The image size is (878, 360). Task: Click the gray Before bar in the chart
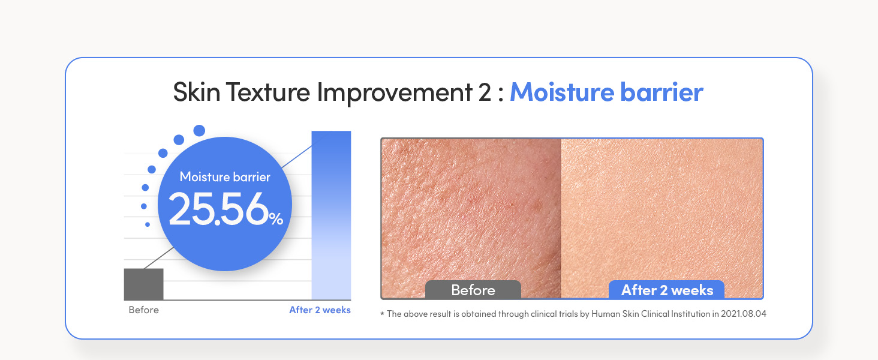143,284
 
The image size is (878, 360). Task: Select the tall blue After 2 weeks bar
331,215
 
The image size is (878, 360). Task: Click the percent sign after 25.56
276,218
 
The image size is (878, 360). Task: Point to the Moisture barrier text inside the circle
225,177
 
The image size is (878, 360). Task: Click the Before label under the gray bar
144,310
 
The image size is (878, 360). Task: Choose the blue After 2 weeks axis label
320,310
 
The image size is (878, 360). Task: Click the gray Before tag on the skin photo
473,290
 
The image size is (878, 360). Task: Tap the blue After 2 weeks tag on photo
667,290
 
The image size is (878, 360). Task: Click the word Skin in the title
196,92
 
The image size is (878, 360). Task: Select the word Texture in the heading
268,92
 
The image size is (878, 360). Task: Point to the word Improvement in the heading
395,93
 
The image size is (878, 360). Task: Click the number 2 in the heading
485,92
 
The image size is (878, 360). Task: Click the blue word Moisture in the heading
562,92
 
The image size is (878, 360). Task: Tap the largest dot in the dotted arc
199,131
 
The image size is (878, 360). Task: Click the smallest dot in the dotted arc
148,224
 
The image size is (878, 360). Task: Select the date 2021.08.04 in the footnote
744,314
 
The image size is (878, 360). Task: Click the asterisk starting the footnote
382,313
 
